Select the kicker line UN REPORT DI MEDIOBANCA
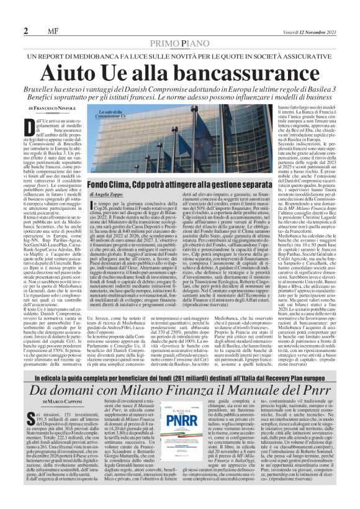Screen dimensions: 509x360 click(x=180, y=39)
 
